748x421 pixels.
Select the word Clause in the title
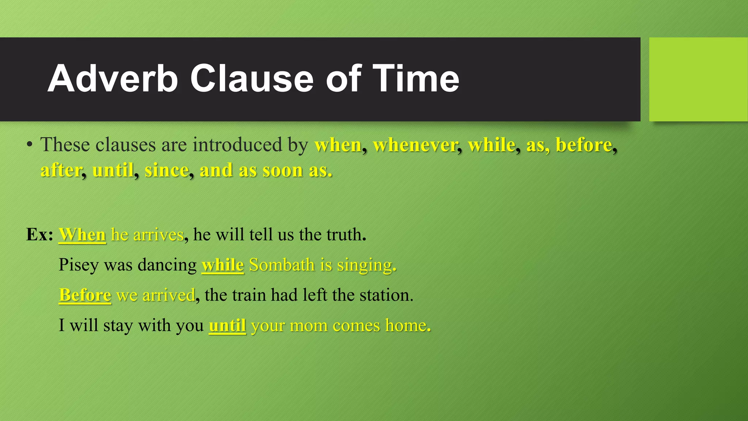252,79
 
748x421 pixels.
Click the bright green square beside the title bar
698,79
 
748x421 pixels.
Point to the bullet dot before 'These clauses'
30,145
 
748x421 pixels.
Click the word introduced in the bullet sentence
237,145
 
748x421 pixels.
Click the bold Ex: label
39,234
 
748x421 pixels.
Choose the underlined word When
82,234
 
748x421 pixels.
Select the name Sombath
282,265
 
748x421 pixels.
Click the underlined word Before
85,295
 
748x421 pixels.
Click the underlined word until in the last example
227,325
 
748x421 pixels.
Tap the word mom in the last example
309,325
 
